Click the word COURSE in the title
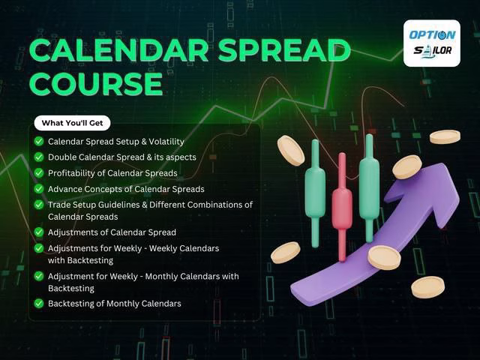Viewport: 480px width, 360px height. tap(97, 83)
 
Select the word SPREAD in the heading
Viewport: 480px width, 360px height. tap(284, 50)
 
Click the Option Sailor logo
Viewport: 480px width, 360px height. tap(432, 43)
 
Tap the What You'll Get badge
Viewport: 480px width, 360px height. tap(72, 123)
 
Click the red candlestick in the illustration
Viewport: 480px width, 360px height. tap(342, 207)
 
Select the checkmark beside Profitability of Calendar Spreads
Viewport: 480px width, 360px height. tap(39, 173)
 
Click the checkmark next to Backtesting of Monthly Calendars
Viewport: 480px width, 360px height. tap(39, 303)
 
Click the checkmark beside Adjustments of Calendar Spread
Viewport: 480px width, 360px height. tap(39, 232)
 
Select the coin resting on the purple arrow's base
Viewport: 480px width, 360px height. tap(384, 257)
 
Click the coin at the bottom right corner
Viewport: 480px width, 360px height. tap(427, 287)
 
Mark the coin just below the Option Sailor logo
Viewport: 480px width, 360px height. tap(445, 136)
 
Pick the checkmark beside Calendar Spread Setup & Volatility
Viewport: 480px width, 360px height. tap(39, 142)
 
